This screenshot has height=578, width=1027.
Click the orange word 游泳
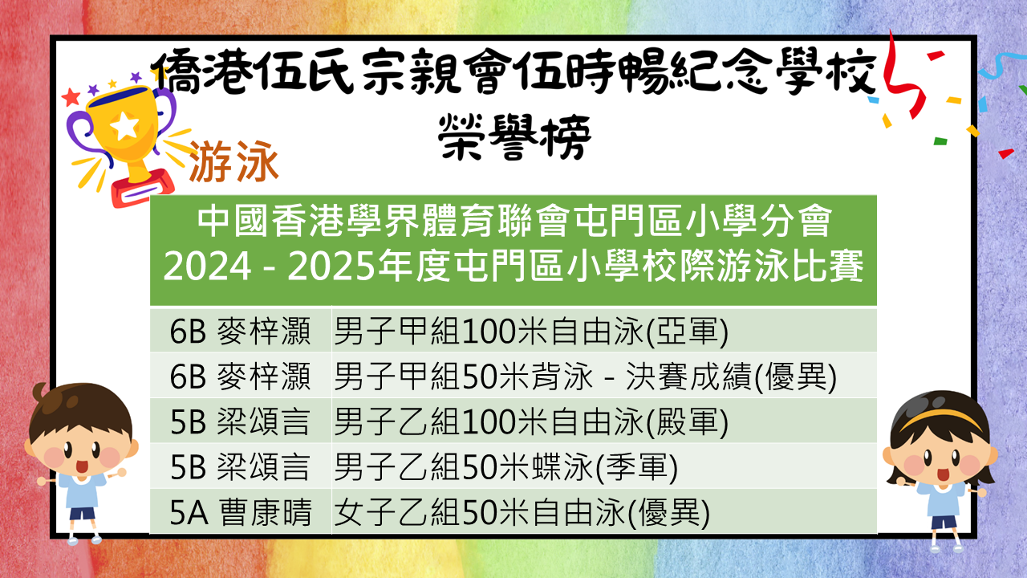(x=233, y=161)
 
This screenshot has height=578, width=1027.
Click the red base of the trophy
(x=142, y=188)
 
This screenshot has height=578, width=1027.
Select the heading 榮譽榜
(x=514, y=136)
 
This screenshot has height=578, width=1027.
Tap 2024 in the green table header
(x=207, y=267)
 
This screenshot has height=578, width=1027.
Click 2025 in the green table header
(x=331, y=267)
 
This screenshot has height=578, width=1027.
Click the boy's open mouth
(x=82, y=466)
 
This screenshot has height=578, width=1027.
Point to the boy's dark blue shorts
(x=83, y=514)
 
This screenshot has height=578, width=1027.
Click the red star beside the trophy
(x=71, y=97)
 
